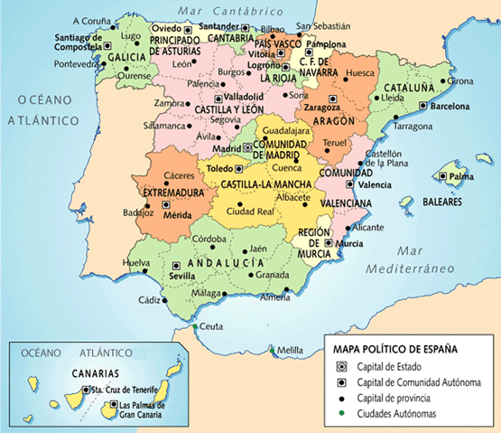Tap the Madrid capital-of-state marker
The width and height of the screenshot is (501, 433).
[248, 147]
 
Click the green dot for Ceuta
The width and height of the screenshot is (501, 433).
[194, 327]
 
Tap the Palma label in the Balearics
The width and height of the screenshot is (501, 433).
[463, 176]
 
